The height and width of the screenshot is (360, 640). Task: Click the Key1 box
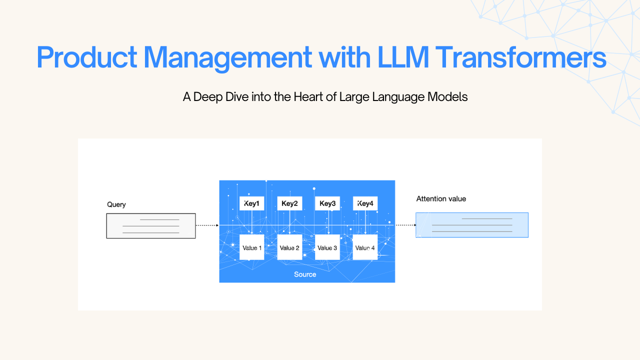coord(251,203)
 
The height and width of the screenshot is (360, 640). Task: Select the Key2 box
coord(289,203)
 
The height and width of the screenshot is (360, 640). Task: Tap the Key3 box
coord(327,203)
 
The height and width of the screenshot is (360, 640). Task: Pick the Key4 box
coord(365,203)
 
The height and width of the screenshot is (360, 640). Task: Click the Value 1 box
coord(251,247)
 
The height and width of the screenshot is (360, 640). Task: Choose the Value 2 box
coord(289,247)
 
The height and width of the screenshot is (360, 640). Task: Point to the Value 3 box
coord(327,247)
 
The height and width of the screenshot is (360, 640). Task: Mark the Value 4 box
coord(365,247)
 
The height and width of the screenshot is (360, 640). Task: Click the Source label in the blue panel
coord(305,274)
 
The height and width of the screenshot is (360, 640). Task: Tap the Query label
coord(116,204)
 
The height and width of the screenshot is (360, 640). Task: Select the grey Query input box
coord(151,226)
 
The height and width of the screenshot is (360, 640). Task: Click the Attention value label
coord(441,199)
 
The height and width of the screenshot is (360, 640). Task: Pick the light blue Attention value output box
coord(472,225)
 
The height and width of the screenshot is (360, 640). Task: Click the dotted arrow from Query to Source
coord(207,225)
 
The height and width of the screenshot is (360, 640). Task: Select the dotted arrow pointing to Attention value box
coord(405,225)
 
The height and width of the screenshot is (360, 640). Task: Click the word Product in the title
coord(86,57)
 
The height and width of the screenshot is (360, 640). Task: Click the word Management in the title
coord(228,57)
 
